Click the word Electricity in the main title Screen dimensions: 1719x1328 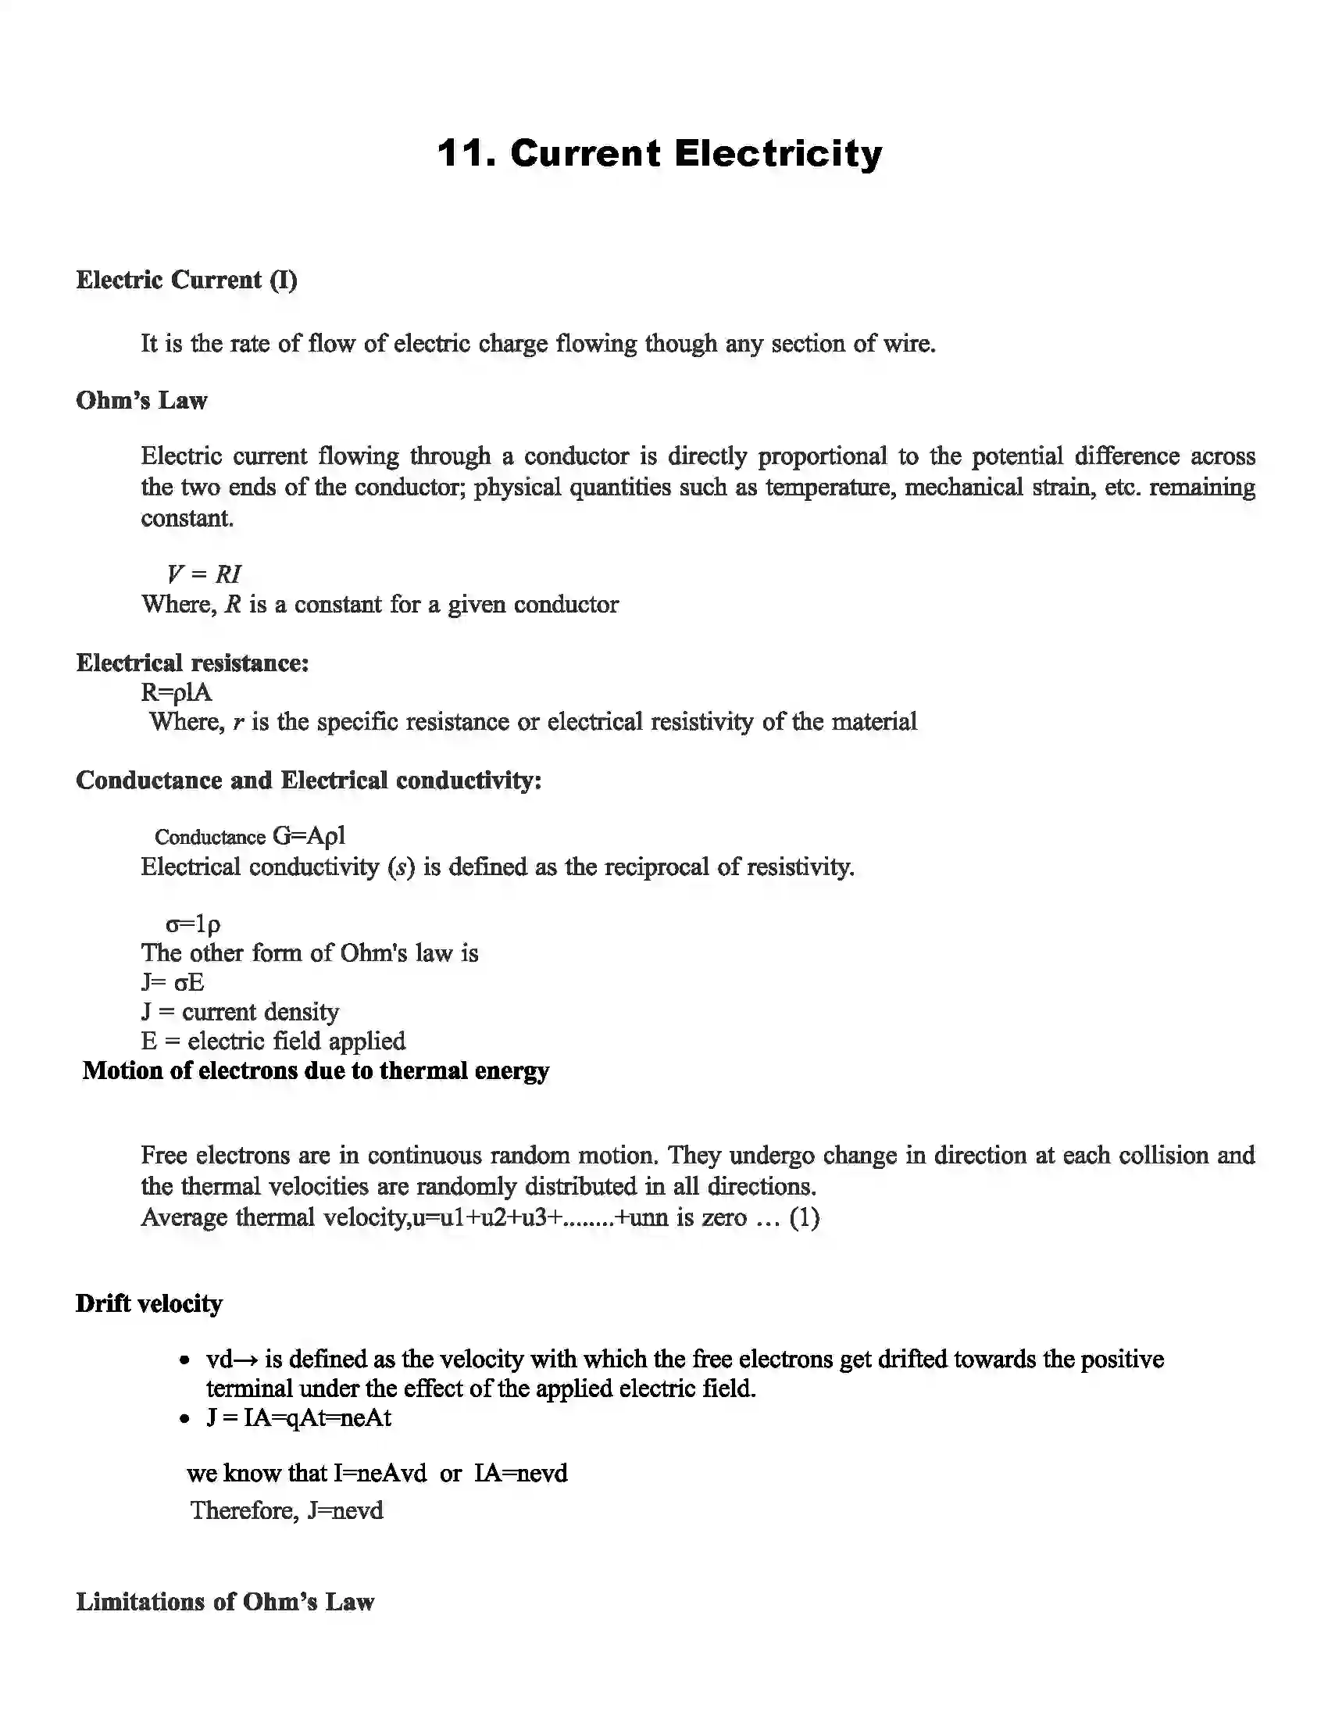click(778, 152)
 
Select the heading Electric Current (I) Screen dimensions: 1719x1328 click(187, 281)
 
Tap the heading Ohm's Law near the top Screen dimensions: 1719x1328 click(141, 401)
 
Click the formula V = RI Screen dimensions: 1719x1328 click(205, 574)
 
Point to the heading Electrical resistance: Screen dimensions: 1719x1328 click(192, 663)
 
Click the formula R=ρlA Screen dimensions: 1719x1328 click(177, 692)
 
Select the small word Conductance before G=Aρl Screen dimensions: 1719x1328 click(210, 837)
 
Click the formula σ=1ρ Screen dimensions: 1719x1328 click(193, 924)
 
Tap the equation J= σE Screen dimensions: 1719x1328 click(173, 982)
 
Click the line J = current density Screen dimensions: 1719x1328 click(240, 1011)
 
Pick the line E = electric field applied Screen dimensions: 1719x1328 click(273, 1042)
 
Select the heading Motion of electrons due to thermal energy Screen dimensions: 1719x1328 click(316, 1070)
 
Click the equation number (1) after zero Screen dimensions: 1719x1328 click(804, 1217)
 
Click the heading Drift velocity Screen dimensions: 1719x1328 click(148, 1304)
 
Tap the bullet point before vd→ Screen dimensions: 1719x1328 click(184, 1360)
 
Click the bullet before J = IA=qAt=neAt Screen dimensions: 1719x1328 click(184, 1419)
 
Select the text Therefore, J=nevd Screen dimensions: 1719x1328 click(287, 1510)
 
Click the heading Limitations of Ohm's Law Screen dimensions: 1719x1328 click(225, 1602)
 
